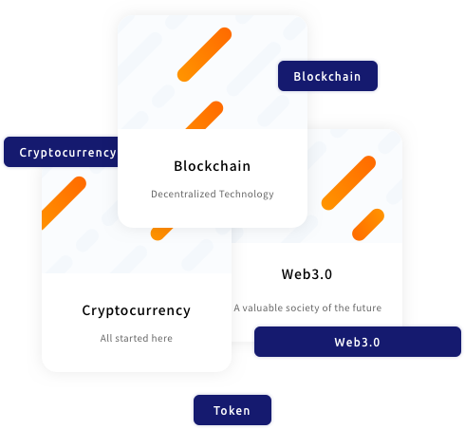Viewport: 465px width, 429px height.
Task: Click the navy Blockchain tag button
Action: (x=327, y=76)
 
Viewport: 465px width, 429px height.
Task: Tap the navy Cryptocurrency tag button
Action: (x=61, y=152)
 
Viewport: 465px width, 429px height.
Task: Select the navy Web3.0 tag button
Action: (x=358, y=342)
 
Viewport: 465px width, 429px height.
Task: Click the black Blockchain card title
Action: (x=213, y=166)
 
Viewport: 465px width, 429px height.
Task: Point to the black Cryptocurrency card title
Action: (x=137, y=310)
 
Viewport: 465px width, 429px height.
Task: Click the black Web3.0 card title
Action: (x=307, y=274)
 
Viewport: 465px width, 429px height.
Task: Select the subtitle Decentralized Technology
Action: (x=213, y=194)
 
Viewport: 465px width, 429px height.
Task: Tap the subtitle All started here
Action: (x=137, y=338)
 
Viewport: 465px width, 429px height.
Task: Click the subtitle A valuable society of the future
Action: (x=307, y=308)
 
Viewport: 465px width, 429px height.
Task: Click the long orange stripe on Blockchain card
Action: (x=204, y=55)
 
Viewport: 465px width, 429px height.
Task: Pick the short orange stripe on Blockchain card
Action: (x=205, y=115)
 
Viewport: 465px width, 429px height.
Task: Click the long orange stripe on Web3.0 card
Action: (x=348, y=183)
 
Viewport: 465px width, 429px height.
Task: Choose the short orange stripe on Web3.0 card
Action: (x=368, y=225)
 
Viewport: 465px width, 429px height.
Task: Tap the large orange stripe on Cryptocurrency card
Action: (x=64, y=202)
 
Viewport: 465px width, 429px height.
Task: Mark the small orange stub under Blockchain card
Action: (x=161, y=233)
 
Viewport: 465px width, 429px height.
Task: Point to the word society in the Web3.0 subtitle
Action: (x=301, y=308)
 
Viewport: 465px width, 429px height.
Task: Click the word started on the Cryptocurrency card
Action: (x=132, y=338)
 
